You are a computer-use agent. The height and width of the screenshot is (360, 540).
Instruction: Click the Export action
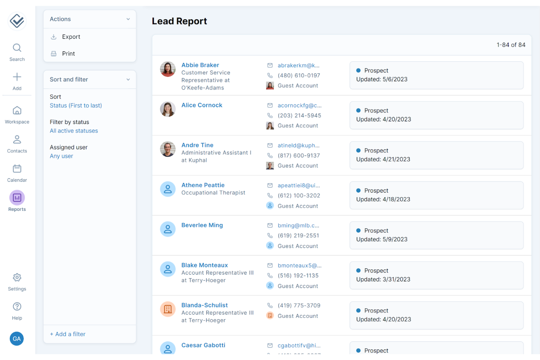(x=71, y=37)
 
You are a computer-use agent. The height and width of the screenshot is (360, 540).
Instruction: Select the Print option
(x=68, y=54)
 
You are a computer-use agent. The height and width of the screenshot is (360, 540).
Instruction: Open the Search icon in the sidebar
(x=17, y=48)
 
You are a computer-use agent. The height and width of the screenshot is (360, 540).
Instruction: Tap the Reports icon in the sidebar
(x=17, y=198)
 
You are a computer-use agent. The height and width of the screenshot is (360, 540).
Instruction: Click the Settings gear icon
(x=17, y=278)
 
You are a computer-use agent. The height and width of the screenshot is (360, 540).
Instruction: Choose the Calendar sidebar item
(x=17, y=169)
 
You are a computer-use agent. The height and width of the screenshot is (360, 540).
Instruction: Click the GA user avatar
(x=17, y=339)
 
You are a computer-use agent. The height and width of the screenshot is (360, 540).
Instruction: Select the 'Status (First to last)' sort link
(x=76, y=105)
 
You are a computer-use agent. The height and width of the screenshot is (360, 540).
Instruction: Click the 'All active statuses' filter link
(x=74, y=131)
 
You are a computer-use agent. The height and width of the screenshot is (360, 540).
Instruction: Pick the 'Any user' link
(x=61, y=156)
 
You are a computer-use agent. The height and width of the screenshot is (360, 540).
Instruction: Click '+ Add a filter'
(x=67, y=334)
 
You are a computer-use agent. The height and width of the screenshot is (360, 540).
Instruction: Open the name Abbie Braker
(x=200, y=65)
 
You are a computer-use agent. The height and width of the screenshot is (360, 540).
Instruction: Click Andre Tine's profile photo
(x=168, y=149)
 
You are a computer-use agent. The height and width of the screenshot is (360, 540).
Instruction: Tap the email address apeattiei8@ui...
(x=298, y=185)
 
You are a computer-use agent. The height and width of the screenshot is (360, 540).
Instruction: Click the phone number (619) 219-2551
(x=298, y=236)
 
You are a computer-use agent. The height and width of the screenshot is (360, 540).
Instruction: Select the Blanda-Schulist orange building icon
(x=168, y=309)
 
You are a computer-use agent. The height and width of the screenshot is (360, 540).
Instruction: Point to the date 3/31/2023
(x=396, y=279)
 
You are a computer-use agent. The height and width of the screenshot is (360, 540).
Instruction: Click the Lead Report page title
(x=179, y=21)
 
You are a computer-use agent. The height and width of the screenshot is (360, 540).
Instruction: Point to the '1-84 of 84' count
(x=510, y=45)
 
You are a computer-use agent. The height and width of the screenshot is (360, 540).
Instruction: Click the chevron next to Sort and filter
(x=128, y=80)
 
